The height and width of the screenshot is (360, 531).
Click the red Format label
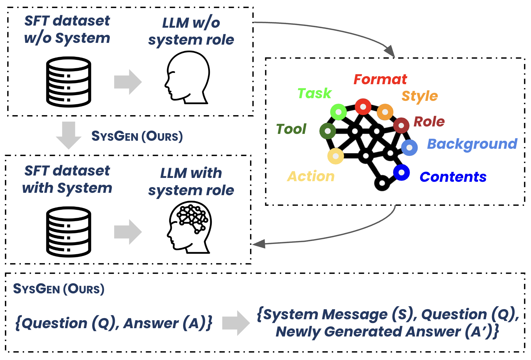(x=380, y=79)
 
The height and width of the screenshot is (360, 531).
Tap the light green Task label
(x=314, y=93)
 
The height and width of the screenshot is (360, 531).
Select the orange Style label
(x=419, y=96)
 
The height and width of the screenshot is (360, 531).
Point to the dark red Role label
(x=429, y=122)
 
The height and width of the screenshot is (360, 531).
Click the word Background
(x=472, y=144)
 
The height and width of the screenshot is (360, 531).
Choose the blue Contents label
(x=453, y=177)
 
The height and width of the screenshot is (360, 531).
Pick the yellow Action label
(x=311, y=176)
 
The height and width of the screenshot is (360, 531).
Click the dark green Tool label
(x=291, y=129)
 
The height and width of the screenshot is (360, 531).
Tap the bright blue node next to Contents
(x=401, y=173)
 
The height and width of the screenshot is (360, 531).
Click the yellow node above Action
(x=336, y=156)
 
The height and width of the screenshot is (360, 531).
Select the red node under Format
(x=363, y=107)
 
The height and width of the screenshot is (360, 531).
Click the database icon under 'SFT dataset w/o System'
(x=69, y=82)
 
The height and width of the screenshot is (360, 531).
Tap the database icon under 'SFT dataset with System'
(x=69, y=232)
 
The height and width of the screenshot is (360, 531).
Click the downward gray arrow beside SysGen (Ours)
(x=69, y=135)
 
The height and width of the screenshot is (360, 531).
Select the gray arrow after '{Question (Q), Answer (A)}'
(x=236, y=323)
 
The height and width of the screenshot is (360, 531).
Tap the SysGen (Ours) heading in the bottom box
(x=59, y=289)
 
